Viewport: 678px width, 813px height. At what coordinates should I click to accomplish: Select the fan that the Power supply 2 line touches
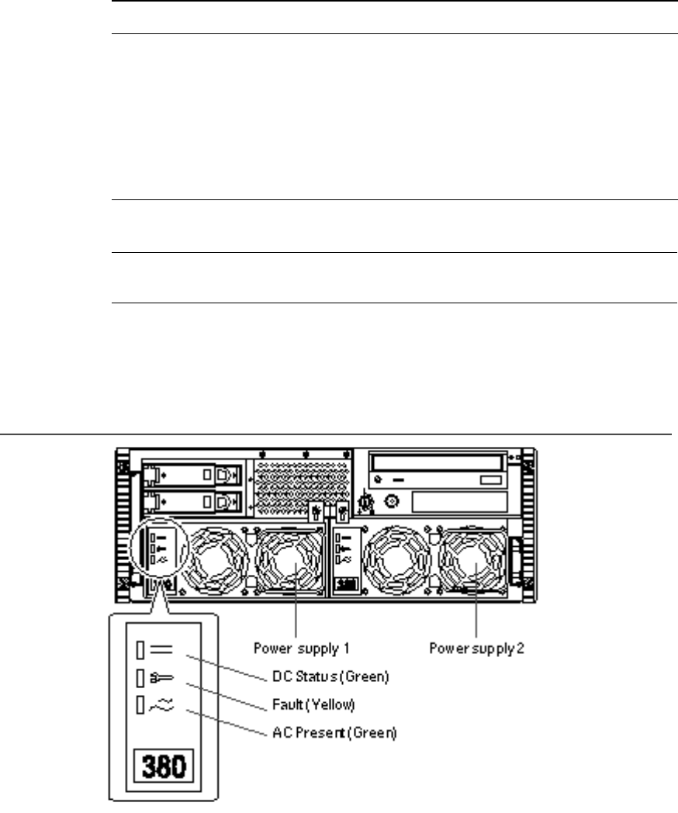tap(472, 562)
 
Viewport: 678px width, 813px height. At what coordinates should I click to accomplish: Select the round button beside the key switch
tap(391, 502)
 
